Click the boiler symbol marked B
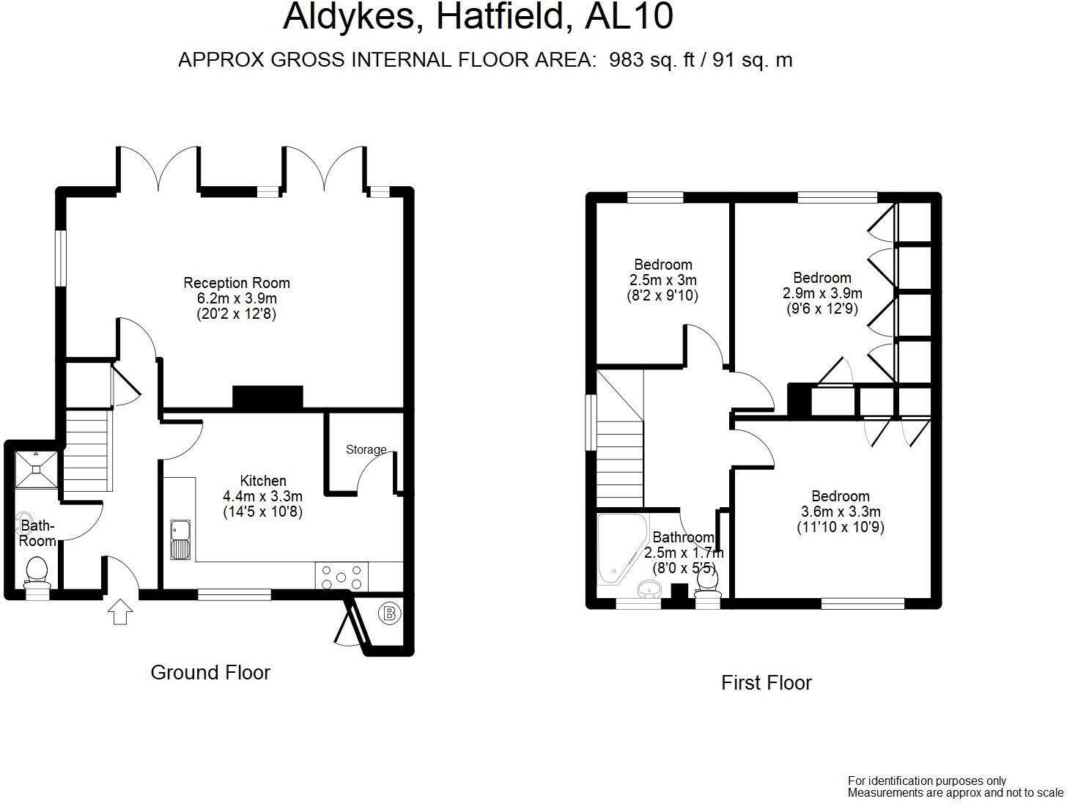(x=390, y=613)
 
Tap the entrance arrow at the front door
(x=119, y=611)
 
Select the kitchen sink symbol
(x=180, y=539)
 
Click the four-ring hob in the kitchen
(x=341, y=576)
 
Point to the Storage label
(x=366, y=449)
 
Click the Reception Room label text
(x=237, y=283)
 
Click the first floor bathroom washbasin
(x=648, y=589)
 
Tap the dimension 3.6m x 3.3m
(x=841, y=512)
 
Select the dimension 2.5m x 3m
(x=663, y=280)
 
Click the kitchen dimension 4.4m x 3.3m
(x=263, y=496)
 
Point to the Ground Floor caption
(x=210, y=672)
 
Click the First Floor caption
(x=767, y=682)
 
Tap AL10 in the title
(x=629, y=18)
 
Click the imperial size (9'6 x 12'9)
(x=822, y=309)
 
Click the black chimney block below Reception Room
(x=267, y=397)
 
